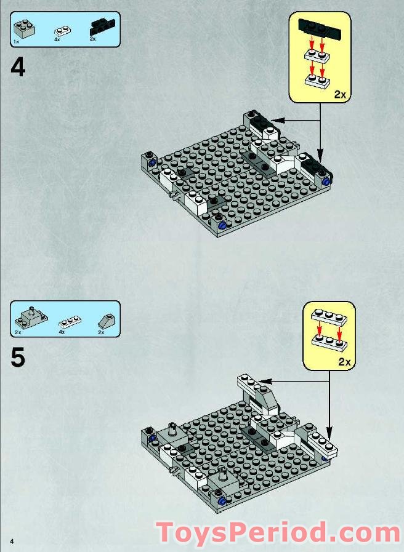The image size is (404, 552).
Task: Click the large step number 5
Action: (18, 358)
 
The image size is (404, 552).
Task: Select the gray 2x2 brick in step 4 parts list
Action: (25, 28)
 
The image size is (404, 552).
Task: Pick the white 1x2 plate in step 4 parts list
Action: (62, 30)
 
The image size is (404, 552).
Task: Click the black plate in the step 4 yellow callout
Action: (320, 28)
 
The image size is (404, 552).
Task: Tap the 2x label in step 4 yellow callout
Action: (340, 94)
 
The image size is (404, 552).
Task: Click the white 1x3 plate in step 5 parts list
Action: (70, 321)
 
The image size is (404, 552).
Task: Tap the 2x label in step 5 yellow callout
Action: (344, 362)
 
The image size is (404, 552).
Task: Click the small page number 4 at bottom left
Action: (11, 540)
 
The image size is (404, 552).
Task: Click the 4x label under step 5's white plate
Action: (62, 332)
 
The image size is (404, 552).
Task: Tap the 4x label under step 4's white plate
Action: (57, 40)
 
